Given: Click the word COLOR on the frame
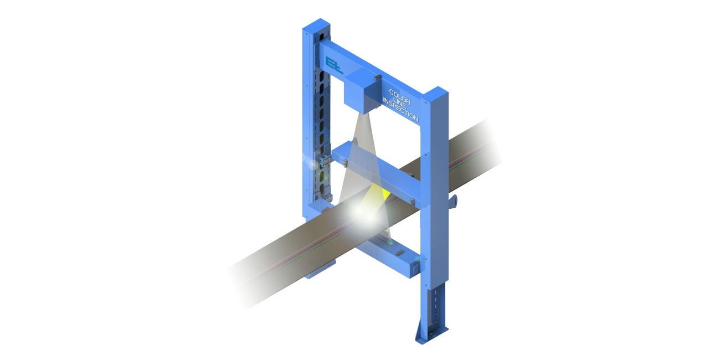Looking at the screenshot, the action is pyautogui.click(x=399, y=97).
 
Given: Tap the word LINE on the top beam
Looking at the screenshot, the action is pyautogui.click(x=400, y=104).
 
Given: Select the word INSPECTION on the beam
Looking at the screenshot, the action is pyautogui.click(x=400, y=110).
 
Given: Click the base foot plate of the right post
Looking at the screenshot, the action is pyautogui.click(x=430, y=335).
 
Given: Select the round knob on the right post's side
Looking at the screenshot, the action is pyautogui.click(x=453, y=201).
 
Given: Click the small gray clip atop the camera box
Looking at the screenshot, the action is pyautogui.click(x=378, y=77).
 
